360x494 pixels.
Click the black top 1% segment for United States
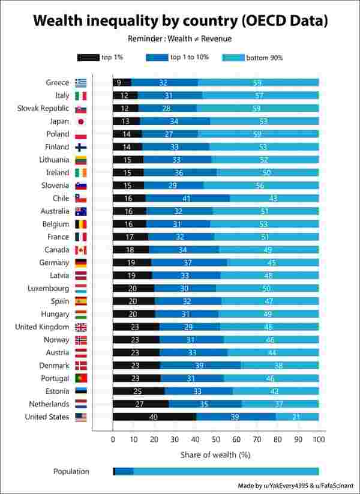click(x=154, y=417)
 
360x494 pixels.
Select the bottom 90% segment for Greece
click(x=258, y=83)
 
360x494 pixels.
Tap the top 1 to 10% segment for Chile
click(x=187, y=199)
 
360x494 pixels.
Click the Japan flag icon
click(x=80, y=121)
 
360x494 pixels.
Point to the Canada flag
click(x=80, y=250)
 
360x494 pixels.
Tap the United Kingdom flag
click(x=80, y=327)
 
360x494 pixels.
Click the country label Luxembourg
click(x=48, y=288)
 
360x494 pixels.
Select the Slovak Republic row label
click(x=43, y=108)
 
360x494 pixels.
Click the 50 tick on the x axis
click(x=216, y=439)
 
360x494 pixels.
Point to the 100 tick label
click(x=319, y=439)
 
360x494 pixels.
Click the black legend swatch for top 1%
click(x=88, y=58)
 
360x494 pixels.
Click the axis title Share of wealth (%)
click(x=215, y=455)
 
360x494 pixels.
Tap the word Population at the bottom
click(x=71, y=471)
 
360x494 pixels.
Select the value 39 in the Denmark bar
click(x=200, y=366)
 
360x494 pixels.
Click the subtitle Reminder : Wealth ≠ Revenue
click(x=179, y=38)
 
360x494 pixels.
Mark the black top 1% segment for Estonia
click(x=139, y=391)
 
